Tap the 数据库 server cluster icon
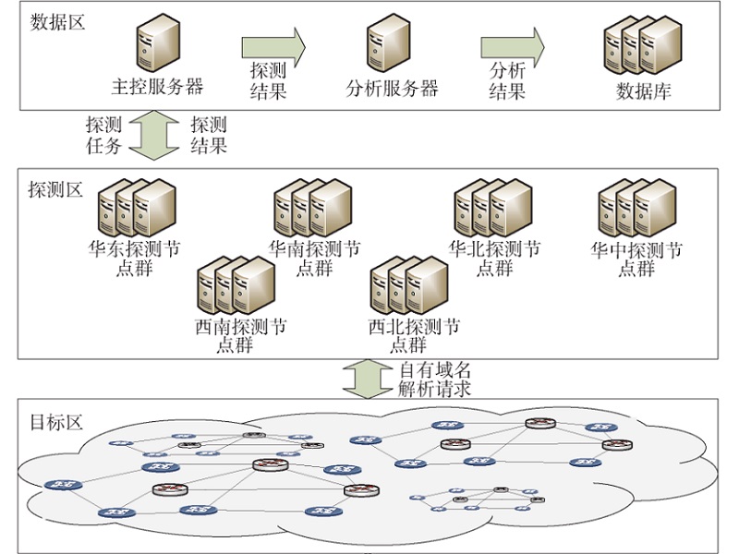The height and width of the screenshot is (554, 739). (642, 48)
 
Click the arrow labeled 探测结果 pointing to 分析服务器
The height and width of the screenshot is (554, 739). (273, 45)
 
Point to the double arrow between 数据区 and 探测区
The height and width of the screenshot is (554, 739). (155, 134)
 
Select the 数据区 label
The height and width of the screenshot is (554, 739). (56, 21)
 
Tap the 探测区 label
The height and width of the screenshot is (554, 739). (56, 189)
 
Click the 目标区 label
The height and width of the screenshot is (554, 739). (56, 423)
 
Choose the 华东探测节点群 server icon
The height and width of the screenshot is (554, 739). (137, 208)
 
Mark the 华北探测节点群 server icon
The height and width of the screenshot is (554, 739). (493, 208)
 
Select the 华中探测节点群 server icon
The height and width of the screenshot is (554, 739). (636, 208)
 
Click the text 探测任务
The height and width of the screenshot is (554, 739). (103, 135)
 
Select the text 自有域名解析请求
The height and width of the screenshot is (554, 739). (434, 379)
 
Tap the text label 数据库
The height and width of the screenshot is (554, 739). (643, 91)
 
